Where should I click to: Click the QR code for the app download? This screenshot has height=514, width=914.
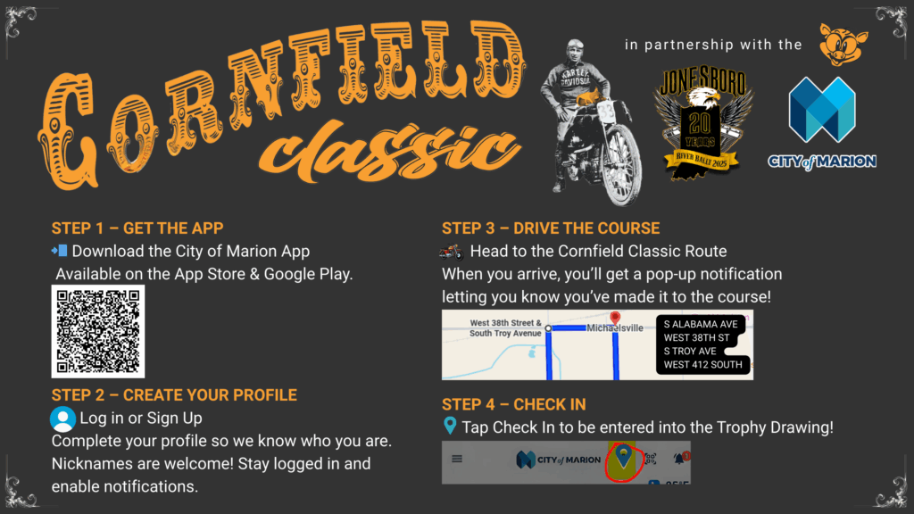click(98, 332)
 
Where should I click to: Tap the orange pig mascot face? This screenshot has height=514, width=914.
click(843, 45)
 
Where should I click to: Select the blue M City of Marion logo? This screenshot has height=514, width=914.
click(822, 110)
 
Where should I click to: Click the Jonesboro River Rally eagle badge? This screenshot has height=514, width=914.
click(702, 121)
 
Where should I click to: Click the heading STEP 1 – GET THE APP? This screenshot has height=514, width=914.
click(137, 228)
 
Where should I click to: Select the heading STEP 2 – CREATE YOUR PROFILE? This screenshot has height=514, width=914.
click(174, 395)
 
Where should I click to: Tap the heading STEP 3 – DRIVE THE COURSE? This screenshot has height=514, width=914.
click(551, 228)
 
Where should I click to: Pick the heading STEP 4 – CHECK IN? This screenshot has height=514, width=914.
click(513, 404)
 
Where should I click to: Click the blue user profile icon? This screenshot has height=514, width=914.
click(63, 419)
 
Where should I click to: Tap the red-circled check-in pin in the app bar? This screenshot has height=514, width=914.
click(623, 460)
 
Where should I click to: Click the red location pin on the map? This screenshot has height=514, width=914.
click(615, 318)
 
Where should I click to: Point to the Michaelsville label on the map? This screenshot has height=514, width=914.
click(615, 328)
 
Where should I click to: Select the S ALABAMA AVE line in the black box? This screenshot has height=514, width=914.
click(701, 324)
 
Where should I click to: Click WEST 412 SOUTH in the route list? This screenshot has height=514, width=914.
click(703, 365)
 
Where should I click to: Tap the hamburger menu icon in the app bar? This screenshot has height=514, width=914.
click(457, 460)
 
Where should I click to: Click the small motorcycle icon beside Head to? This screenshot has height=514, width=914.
click(452, 252)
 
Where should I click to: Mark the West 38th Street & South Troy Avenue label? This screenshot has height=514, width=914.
click(505, 328)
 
